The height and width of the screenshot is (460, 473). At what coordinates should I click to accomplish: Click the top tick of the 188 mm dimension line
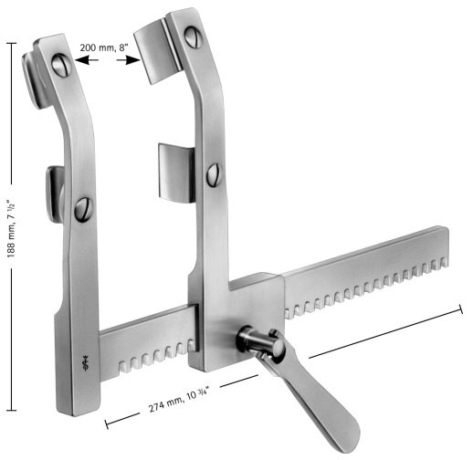click(x=15, y=40)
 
